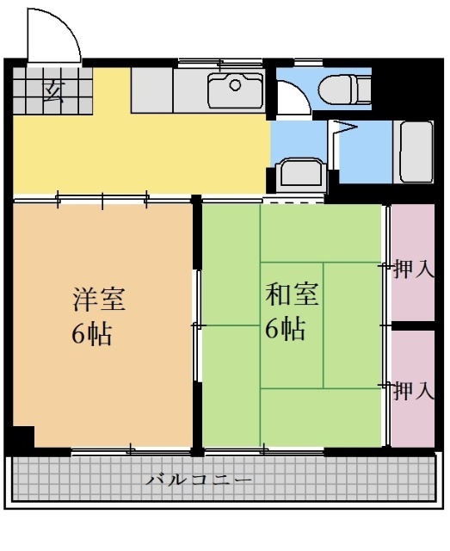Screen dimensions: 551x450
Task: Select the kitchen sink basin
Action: tap(234, 90)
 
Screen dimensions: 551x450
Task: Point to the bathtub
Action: tap(412, 152)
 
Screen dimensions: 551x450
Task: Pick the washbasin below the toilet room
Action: tap(301, 174)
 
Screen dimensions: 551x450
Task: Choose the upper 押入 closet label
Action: tap(412, 270)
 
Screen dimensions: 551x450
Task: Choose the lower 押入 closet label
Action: tap(412, 392)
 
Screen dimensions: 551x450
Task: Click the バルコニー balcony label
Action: tap(198, 479)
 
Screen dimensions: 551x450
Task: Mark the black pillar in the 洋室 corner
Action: tap(23, 436)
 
